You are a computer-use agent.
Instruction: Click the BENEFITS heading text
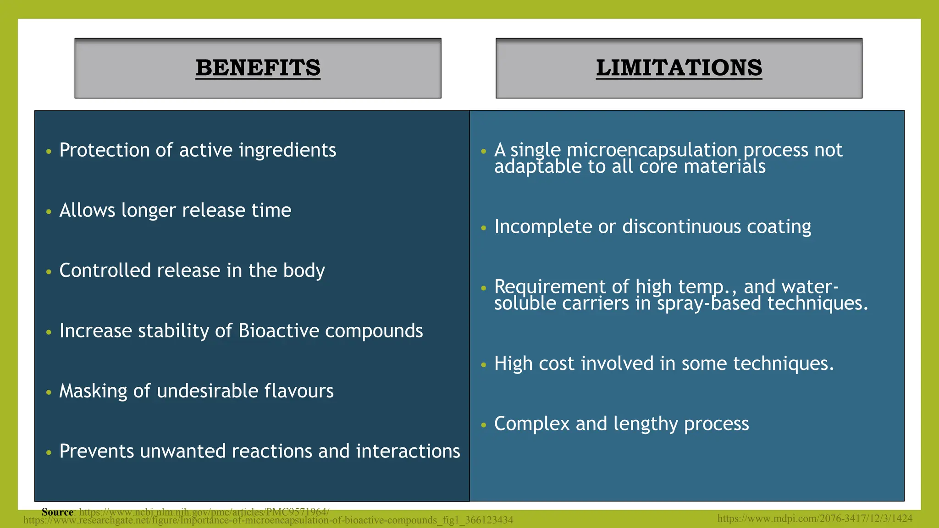258,68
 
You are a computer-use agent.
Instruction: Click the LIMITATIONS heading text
679,68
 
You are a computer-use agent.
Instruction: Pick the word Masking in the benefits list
93,391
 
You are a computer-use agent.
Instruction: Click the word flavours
298,391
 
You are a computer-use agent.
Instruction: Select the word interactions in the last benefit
408,451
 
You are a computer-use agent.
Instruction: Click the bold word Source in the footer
57,512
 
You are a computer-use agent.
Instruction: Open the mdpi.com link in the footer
815,518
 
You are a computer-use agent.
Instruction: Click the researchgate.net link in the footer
268,521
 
